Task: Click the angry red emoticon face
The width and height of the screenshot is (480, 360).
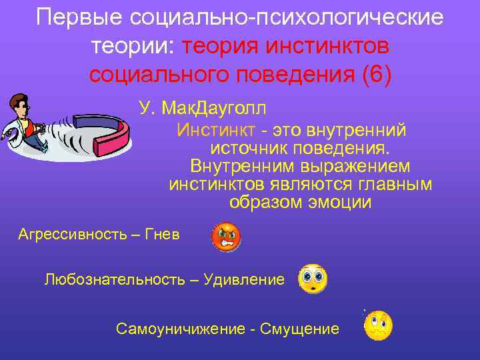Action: (226, 236)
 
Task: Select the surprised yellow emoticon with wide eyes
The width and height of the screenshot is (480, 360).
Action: (312, 279)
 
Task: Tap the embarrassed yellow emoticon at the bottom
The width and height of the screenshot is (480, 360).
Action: (378, 325)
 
